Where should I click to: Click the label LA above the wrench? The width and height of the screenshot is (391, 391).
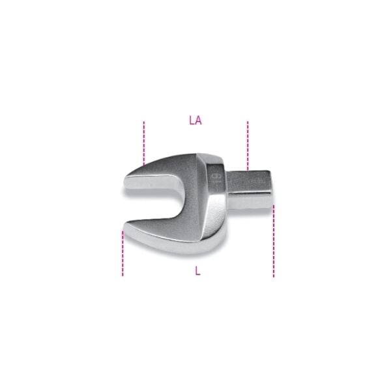(195, 121)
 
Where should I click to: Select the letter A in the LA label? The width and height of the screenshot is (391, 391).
(198, 121)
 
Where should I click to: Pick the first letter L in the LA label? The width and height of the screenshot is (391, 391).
(191, 121)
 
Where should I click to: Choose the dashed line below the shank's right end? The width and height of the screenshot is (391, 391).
(274, 241)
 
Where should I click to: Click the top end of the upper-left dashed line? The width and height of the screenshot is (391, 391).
(144, 121)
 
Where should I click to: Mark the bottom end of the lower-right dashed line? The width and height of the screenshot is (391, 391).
(274, 277)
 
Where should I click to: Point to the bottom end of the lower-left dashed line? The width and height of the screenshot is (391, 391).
(123, 276)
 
